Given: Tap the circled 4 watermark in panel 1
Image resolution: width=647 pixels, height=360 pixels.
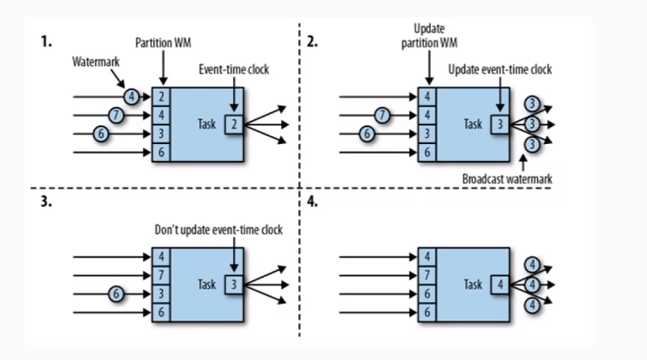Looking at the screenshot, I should [x=132, y=98].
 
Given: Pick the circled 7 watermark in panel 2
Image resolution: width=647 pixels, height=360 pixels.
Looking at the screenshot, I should [x=381, y=116].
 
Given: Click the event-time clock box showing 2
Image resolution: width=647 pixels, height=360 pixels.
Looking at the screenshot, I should [x=234, y=124].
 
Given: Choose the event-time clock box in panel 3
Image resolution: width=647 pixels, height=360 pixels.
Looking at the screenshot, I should [x=234, y=285].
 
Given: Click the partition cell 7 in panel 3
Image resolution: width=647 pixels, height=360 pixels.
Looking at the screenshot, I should [x=161, y=275].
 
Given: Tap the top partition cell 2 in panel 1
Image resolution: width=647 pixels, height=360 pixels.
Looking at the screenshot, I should [x=161, y=98].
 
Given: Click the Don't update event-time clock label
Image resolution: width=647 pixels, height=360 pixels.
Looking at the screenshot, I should [x=218, y=230].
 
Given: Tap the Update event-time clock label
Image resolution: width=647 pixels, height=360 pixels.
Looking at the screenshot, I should [x=500, y=69].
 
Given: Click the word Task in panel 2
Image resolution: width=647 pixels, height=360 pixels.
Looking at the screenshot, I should [x=473, y=124].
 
